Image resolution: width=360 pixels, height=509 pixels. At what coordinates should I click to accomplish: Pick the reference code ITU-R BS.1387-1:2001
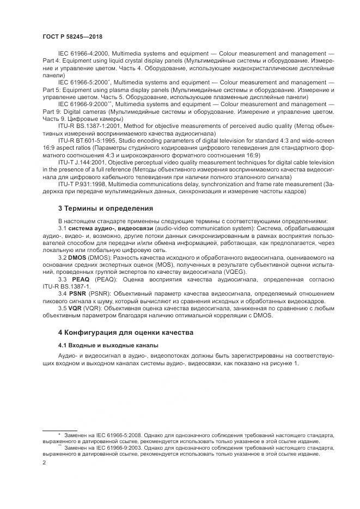[90, 125]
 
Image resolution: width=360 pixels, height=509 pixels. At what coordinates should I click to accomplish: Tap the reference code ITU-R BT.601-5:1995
[89, 139]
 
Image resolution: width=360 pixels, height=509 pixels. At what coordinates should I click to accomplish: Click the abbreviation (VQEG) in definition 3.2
[233, 271]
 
